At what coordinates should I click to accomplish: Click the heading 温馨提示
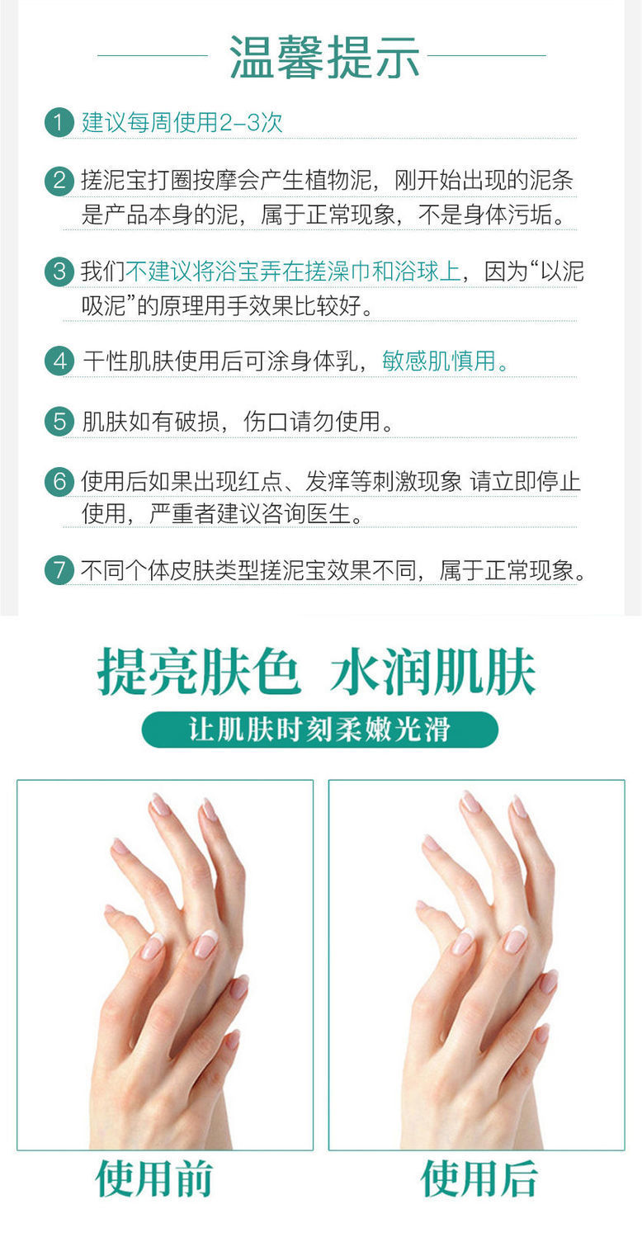tap(324, 57)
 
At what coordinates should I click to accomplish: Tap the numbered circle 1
tap(59, 122)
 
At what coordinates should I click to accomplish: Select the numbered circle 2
tap(59, 181)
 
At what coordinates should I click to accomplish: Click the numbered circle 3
tap(59, 271)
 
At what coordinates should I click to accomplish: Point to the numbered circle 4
tap(59, 361)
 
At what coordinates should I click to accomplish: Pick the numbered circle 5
tap(59, 422)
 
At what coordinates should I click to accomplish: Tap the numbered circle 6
tap(59, 482)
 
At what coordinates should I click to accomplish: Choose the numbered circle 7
tap(59, 570)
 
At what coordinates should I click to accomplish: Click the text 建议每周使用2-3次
tap(182, 122)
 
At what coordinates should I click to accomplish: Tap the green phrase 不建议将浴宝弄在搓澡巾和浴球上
tap(293, 271)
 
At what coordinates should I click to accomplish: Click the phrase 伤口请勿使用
tap(312, 422)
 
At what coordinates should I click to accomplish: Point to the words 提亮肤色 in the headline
tap(199, 672)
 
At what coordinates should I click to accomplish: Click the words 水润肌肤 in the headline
tap(433, 672)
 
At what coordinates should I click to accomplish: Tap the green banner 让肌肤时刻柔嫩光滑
tap(320, 729)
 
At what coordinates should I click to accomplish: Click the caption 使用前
tap(154, 1178)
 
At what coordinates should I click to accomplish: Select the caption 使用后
tap(479, 1178)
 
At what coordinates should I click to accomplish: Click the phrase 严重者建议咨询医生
tap(250, 514)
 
